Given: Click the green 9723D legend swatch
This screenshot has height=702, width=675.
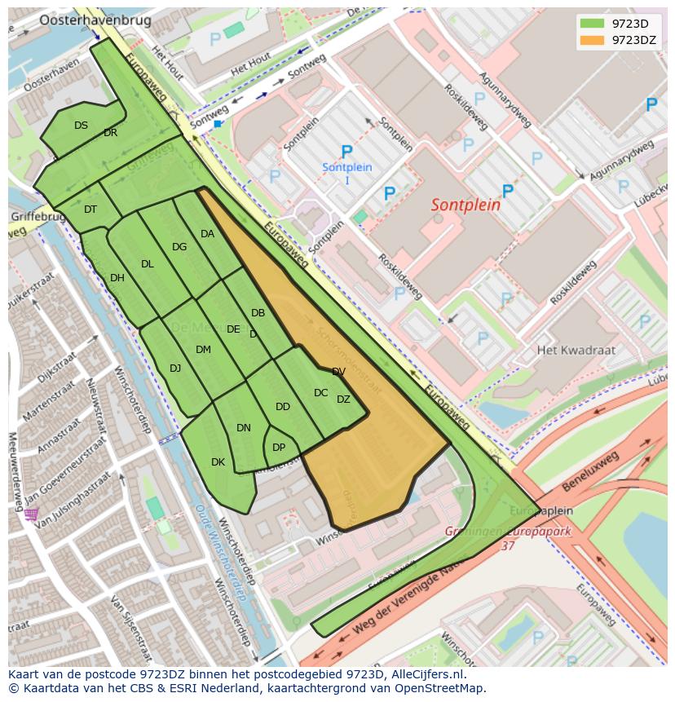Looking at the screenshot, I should coord(593,23).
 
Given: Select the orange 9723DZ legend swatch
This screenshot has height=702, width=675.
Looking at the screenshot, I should coord(593,39).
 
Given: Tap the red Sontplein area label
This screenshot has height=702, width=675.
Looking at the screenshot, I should coord(465,205).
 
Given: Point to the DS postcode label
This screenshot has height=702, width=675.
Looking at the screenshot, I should coord(81,126).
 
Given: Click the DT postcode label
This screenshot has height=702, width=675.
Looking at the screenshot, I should coord(90,210).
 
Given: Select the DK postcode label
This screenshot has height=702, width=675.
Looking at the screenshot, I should coord(218,462).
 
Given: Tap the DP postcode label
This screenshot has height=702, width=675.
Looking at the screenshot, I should coord(279,448).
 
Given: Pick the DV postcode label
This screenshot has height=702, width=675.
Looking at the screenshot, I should coord(338,372).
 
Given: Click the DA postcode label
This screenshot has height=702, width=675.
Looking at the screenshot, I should coord(207,234).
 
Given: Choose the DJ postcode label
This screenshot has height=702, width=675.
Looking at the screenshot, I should coord(175,369).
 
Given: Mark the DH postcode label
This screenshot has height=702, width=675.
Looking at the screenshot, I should coord(117,278).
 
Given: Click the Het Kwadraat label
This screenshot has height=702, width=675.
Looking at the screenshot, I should coord(576,351).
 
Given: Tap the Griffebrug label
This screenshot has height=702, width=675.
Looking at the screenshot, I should coord(37,218).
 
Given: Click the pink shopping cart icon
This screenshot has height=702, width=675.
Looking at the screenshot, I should coord(31,514).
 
